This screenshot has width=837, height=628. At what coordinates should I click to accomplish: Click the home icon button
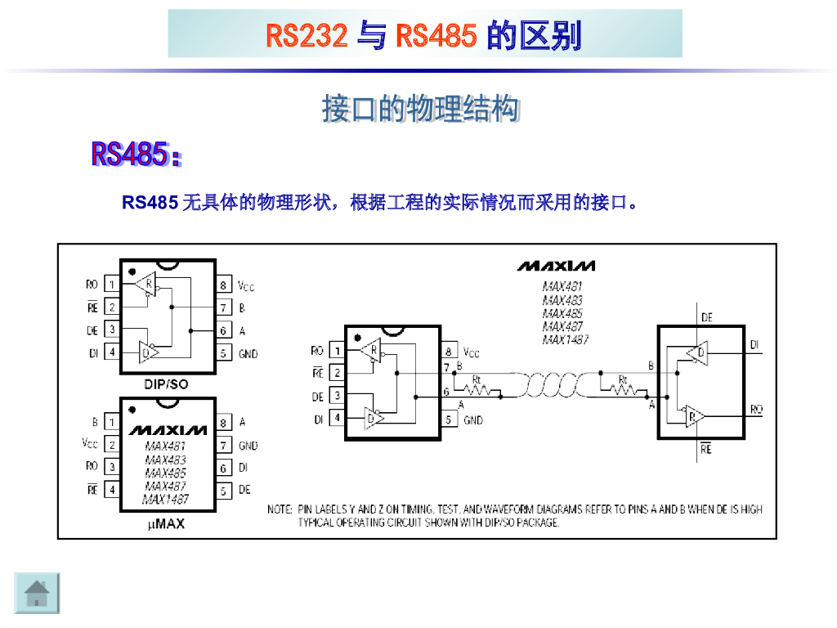pos(38,593)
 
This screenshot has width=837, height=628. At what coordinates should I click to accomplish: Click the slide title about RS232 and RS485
pos(424,35)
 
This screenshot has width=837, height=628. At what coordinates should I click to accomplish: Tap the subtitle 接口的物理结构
pos(421,109)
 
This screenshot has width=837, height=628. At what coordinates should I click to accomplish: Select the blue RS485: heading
pos(136,154)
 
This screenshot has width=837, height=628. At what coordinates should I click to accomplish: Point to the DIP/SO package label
pos(167,383)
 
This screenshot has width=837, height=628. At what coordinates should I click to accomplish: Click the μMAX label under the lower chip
pos(166,524)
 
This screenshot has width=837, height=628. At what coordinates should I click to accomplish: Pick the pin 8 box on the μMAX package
pos(223,424)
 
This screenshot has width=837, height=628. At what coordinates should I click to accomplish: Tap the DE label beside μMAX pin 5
pos(244,491)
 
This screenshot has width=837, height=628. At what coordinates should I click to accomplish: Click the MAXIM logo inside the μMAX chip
pos(168,430)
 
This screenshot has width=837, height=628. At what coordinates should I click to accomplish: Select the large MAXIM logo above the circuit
pos(556,266)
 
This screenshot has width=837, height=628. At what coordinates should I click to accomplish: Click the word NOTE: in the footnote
pos(280,509)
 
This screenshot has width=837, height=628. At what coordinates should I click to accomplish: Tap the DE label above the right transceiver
pos(706,317)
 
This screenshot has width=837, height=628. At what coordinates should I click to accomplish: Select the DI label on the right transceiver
pos(755,345)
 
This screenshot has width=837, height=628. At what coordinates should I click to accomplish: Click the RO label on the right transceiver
pos(756,409)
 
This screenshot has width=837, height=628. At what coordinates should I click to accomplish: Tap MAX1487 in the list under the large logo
pos(565,339)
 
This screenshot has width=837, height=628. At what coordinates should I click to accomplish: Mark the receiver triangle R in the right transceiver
pos(694,415)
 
